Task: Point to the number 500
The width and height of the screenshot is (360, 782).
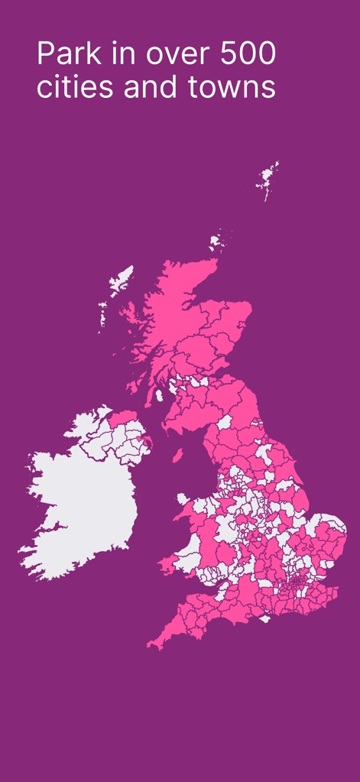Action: tap(248, 56)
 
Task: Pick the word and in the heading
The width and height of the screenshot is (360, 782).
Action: tap(150, 87)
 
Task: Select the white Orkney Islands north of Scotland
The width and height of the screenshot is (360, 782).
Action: tap(216, 241)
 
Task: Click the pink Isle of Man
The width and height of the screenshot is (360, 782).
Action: tap(177, 456)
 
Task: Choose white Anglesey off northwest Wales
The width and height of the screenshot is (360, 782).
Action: tap(183, 499)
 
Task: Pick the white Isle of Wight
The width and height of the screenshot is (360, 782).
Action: tap(265, 618)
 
